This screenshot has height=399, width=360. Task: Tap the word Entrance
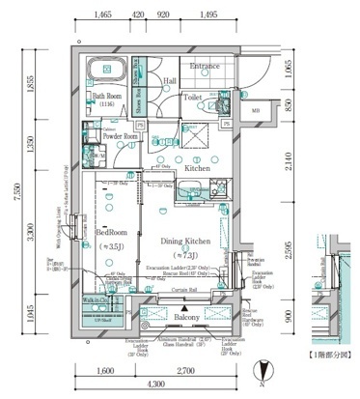[x=206, y=66]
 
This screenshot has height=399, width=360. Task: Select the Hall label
[x=169, y=81]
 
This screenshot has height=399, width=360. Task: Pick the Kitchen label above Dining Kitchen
[x=198, y=168]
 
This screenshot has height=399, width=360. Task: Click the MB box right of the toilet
[x=255, y=111]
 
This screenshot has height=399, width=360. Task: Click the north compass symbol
[x=260, y=366]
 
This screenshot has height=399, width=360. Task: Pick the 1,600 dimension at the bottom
[x=105, y=371]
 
